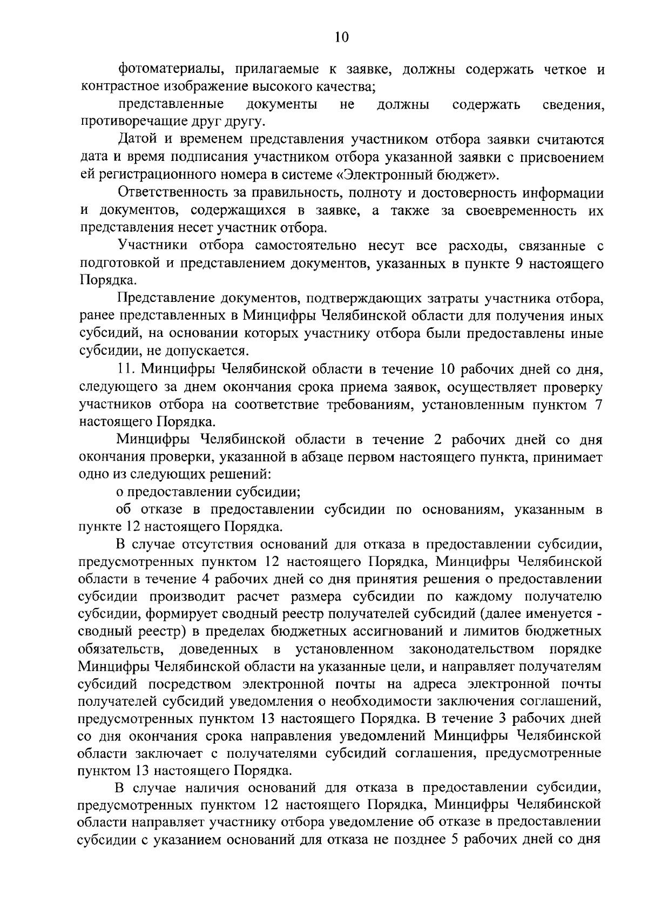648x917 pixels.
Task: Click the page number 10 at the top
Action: tap(342, 36)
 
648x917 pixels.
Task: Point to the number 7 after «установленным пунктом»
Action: tap(598, 404)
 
